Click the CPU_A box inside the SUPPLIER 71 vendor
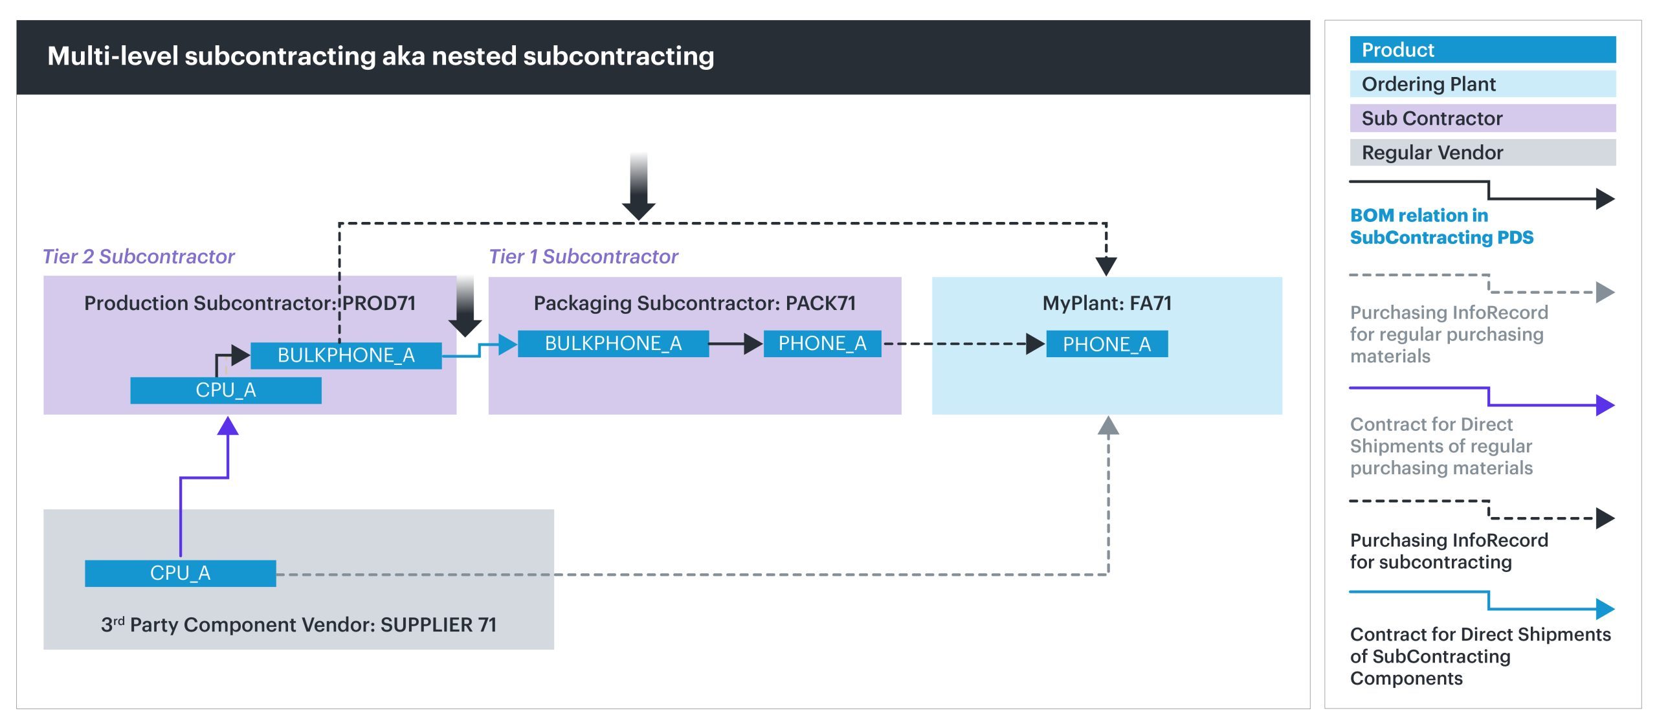(180, 573)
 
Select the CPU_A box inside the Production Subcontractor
(225, 390)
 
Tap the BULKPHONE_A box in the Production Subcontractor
(346, 355)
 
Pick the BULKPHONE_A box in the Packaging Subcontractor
(613, 344)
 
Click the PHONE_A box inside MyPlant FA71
(1106, 344)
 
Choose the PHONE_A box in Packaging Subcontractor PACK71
(822, 344)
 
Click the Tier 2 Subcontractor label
(138, 257)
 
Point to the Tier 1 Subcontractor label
(583, 257)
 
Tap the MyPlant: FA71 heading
(1107, 303)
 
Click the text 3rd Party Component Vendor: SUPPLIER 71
(298, 624)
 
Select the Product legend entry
(1482, 50)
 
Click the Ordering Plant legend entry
(1482, 84)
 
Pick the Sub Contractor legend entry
(1482, 118)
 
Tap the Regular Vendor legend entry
(1482, 153)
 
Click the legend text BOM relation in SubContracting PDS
(1441, 226)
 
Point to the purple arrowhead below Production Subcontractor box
(228, 426)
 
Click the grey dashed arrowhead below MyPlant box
(1108, 426)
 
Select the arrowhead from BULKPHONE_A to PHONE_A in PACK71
(753, 344)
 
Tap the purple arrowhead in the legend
(1605, 406)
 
